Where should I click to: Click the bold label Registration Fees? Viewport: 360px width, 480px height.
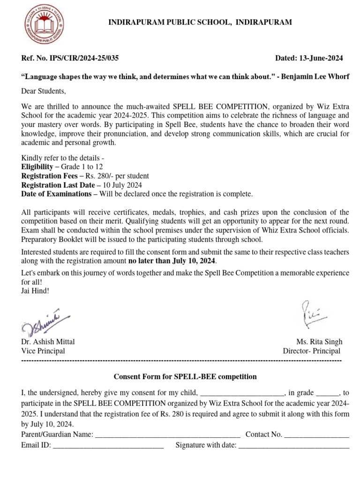coord(49,176)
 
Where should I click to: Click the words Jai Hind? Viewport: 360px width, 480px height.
coord(35,291)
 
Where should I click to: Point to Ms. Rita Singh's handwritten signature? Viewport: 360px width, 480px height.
coord(311,314)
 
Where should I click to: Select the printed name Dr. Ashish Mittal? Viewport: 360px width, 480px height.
coord(48,342)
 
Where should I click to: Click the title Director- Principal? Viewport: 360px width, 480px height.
coord(311,351)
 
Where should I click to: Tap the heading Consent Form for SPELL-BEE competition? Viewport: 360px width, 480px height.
coord(186,376)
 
